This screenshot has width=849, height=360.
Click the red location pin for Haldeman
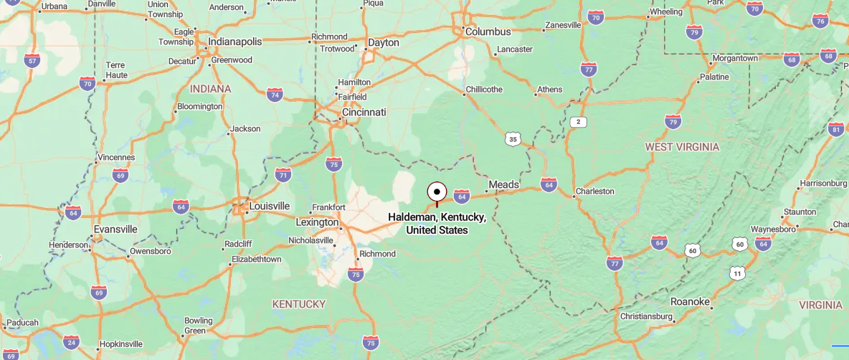pos(437,192)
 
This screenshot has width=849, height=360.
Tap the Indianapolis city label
pos(234,42)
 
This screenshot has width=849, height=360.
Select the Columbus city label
pos(488,32)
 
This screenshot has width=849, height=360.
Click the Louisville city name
pos(269,206)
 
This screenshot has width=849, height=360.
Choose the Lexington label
pos(316,222)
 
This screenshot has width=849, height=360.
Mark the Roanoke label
pos(691,301)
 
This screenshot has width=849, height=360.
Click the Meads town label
pos(503,185)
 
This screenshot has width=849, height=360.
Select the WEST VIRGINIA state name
pos(682,147)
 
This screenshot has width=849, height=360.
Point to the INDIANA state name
pos(211,89)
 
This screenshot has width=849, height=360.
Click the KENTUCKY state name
pos(299,304)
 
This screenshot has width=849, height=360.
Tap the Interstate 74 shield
pos(274,95)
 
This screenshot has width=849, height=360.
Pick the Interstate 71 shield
pos(283,175)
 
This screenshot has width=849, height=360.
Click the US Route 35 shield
pos(511,139)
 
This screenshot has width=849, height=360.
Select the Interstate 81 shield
pos(835,129)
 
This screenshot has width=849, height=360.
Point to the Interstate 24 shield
pos(71,342)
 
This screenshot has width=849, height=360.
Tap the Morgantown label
pos(734,58)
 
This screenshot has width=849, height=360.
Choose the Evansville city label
pos(115,229)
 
